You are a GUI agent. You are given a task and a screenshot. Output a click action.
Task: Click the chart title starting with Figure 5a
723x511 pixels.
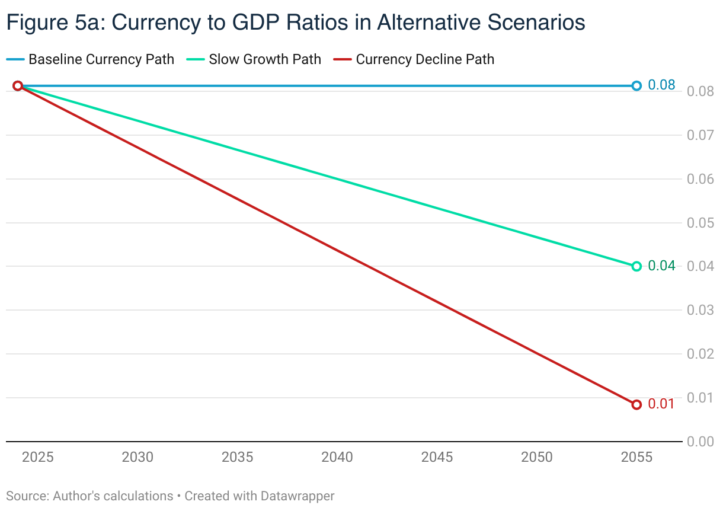pyautogui.click(x=295, y=23)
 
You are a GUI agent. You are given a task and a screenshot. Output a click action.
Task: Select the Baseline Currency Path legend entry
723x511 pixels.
pyautogui.click(x=101, y=59)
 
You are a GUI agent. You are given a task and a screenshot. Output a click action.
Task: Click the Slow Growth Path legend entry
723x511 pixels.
pyautogui.click(x=264, y=59)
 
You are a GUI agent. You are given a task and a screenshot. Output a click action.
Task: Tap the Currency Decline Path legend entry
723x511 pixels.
pyautogui.click(x=424, y=59)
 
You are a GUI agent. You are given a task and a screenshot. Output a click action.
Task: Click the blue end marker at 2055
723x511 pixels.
pyautogui.click(x=636, y=86)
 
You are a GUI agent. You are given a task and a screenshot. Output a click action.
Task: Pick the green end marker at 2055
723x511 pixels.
pyautogui.click(x=636, y=266)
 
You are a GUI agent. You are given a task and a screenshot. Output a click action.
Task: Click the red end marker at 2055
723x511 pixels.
pyautogui.click(x=636, y=405)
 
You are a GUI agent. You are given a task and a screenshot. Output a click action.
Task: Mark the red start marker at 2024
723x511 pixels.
pyautogui.click(x=18, y=86)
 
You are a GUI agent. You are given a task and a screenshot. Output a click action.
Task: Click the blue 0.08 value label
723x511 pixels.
pyautogui.click(x=661, y=85)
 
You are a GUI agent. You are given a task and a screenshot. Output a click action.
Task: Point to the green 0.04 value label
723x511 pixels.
pyautogui.click(x=661, y=266)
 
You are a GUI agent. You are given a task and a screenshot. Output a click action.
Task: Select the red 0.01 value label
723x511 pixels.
pyautogui.click(x=661, y=404)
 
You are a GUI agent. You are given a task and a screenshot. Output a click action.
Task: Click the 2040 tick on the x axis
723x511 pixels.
pyautogui.click(x=337, y=457)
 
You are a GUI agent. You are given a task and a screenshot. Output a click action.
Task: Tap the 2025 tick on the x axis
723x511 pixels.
pyautogui.click(x=37, y=457)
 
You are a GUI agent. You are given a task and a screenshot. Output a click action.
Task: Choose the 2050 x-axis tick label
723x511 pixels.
pyautogui.click(x=537, y=457)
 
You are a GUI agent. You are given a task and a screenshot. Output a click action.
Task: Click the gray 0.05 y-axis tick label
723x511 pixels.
pyautogui.click(x=700, y=223)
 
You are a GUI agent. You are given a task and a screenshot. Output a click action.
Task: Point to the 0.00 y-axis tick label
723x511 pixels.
pyautogui.click(x=700, y=442)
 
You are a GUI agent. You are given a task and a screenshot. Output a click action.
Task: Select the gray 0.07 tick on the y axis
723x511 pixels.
pyautogui.click(x=700, y=135)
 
